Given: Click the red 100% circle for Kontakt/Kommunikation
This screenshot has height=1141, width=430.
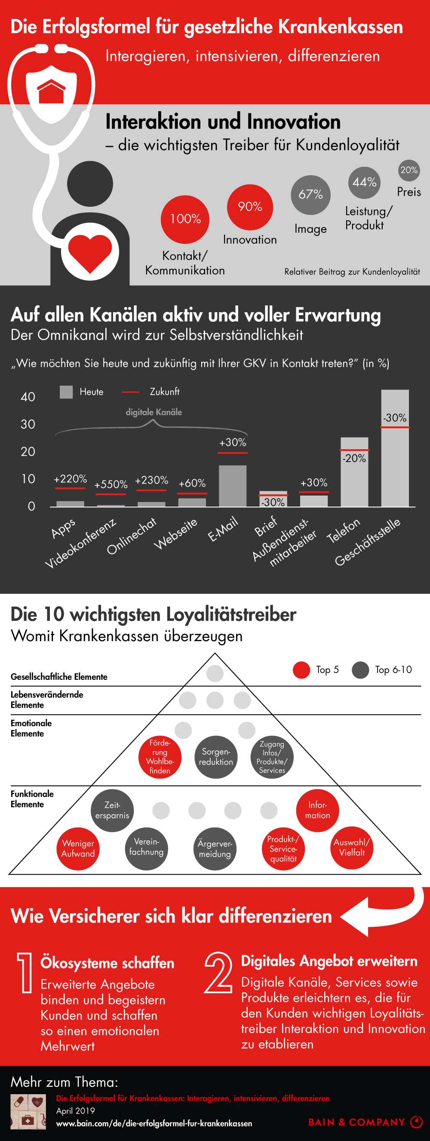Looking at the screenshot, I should tap(185, 219).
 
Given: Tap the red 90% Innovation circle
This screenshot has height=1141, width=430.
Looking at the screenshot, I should tap(249, 207).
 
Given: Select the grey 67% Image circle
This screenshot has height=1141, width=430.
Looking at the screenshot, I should tap(310, 195).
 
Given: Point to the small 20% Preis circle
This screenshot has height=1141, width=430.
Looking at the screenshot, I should tap(409, 170).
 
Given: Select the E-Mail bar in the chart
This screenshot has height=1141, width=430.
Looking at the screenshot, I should tap(232, 485).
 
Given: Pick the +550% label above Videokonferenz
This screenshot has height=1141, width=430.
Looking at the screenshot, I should tap(111, 484).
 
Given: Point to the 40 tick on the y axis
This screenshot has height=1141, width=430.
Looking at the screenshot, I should tap(28, 397).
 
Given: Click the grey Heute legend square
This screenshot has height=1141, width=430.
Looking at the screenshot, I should tap(66, 392).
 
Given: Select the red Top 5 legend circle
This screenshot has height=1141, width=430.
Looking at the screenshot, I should tap(301, 670).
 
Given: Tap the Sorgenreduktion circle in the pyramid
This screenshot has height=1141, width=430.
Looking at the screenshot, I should tap(216, 757).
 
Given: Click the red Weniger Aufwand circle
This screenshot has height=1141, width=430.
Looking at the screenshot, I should tap(78, 849).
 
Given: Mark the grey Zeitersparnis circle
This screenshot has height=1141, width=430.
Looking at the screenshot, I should tap(112, 810).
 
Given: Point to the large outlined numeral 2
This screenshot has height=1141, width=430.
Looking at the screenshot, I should tap(218, 972).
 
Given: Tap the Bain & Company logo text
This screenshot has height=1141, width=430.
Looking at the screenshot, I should tap(357, 1122).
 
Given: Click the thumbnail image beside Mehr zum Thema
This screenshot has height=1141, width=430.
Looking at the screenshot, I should tap(28, 1111).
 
